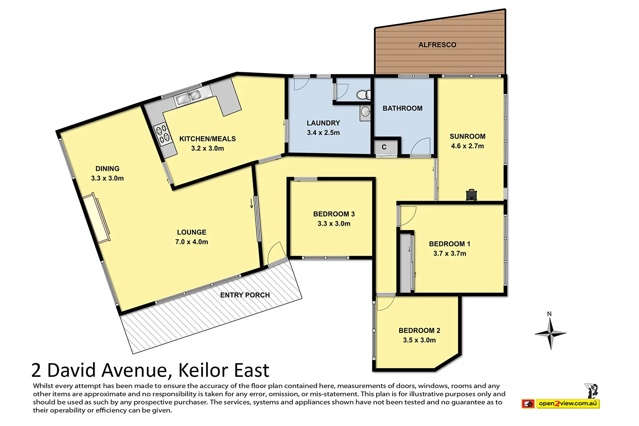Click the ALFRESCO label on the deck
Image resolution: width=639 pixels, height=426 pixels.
(437, 45)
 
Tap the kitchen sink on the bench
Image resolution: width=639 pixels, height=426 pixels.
(188, 97)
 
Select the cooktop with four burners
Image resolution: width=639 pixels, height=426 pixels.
(163, 134)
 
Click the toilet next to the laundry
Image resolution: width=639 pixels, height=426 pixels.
(363, 95)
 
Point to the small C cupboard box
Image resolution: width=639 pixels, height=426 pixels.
(384, 147)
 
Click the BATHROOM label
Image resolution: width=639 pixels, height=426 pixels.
(402, 108)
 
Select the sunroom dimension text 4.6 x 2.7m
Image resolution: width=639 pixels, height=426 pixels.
(467, 146)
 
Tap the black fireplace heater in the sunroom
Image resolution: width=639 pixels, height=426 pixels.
(471, 194)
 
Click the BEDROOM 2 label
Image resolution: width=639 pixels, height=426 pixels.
(419, 331)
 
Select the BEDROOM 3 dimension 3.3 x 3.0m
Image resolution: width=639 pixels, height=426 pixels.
(334, 224)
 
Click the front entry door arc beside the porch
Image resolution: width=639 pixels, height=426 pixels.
(276, 253)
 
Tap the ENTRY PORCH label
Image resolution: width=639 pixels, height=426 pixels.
(245, 295)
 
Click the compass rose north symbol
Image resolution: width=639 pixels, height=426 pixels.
(550, 333)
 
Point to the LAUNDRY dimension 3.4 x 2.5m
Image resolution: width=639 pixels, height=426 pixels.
(323, 133)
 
